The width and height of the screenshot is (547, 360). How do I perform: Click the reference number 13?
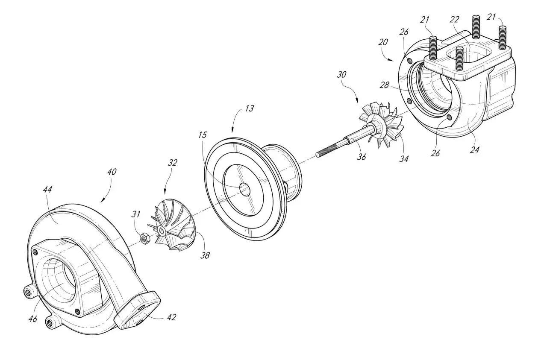pos(249,108)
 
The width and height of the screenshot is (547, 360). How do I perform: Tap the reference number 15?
pos(203,135)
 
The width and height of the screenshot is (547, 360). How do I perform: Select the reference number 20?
pos(383,42)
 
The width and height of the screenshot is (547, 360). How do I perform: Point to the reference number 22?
pos(454,19)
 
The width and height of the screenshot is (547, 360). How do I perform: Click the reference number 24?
pos(474,149)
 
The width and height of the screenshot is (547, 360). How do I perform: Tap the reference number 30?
pos(341,74)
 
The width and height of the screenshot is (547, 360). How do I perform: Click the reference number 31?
pos(136,214)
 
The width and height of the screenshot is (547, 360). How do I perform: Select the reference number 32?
pos(172,163)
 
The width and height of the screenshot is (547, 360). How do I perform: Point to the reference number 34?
pos(404,159)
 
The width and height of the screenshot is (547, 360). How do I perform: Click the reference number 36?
pos(362,157)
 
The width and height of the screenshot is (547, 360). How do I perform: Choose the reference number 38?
pos(205,255)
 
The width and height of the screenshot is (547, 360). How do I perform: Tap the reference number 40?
pos(112,172)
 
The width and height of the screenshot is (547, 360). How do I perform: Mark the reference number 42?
pos(171,317)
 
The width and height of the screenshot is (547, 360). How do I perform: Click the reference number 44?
pos(47,189)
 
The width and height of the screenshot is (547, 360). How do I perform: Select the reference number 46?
pos(33,319)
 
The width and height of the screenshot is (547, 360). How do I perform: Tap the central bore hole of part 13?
pos(245,190)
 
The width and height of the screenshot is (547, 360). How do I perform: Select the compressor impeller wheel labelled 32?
pos(172,225)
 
